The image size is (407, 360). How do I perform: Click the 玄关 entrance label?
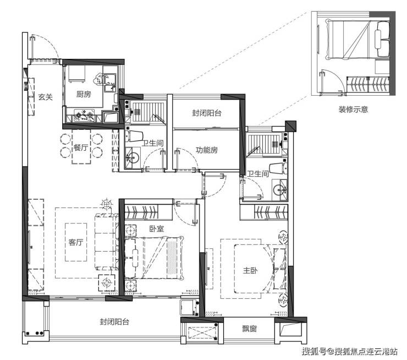(46, 97)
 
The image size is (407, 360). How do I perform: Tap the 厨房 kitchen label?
(84, 94)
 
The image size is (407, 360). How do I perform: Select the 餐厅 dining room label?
(81, 148)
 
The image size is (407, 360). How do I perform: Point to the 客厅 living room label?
(76, 242)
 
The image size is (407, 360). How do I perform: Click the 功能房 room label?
(207, 150)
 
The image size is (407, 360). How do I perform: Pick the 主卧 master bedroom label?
(250, 271)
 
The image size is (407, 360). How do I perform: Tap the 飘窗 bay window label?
(250, 329)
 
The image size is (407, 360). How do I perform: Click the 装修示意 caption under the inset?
(353, 109)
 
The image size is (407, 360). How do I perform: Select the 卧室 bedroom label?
(157, 229)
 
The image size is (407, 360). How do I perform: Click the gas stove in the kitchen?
(84, 116)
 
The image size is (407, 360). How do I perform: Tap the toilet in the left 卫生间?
(134, 136)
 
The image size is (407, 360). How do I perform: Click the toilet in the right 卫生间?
(278, 168)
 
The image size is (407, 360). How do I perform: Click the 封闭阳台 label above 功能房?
(207, 113)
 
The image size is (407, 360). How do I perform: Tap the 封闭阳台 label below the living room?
(114, 322)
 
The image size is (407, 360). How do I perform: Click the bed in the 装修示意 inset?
(359, 40)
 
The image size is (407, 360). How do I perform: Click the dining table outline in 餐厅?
(81, 147)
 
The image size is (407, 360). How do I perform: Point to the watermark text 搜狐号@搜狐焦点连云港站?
(350, 352)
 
